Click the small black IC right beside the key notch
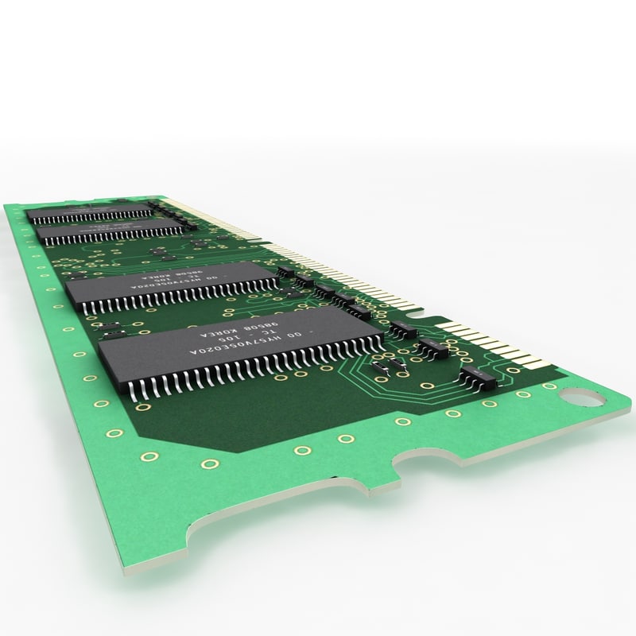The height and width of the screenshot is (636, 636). coord(405,328)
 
